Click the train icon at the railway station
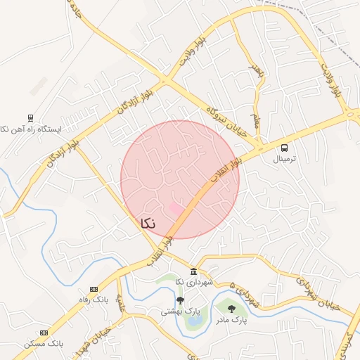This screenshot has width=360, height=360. tap(30, 118)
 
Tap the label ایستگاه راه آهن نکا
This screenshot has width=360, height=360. tap(31, 129)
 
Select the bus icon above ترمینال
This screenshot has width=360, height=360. tap(284, 148)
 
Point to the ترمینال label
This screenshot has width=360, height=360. tap(285, 159)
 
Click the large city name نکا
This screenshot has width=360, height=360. tap(148, 224)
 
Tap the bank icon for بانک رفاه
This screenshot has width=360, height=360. tap(94, 289)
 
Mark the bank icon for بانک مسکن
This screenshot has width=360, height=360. tap(44, 333)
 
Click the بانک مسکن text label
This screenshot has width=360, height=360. tap(44, 344)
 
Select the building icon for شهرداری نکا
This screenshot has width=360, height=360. tap(193, 272)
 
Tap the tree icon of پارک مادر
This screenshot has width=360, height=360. tap(231, 309)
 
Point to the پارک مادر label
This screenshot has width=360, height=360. tap(231, 321)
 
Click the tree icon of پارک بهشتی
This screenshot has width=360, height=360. tap(180, 301)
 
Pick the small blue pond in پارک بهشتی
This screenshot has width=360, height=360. tap(194, 321)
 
